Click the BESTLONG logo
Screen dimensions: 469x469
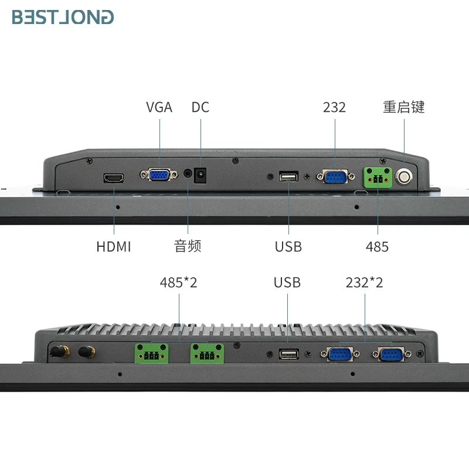coord(63,17)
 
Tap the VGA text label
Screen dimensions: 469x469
coord(159,107)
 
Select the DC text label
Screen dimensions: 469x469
coord(200,107)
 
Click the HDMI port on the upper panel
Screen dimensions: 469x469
coord(114,178)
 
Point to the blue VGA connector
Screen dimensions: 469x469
coord(159,175)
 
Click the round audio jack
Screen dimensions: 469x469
coord(188,174)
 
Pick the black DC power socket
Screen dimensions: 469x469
coord(200,175)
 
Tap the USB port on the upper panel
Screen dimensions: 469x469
coord(288,177)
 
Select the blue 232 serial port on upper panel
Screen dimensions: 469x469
coord(335,176)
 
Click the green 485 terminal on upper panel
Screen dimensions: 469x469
coord(378,178)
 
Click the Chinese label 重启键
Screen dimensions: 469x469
coord(404,107)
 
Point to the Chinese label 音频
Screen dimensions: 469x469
coord(188,246)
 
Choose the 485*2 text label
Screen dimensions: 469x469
coord(179,283)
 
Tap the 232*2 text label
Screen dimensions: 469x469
coord(364,283)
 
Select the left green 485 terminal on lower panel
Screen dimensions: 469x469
coord(151,354)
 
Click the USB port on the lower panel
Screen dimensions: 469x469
coord(289,354)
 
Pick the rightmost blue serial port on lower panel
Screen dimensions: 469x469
coord(392,355)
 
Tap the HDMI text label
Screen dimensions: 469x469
coord(114,247)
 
